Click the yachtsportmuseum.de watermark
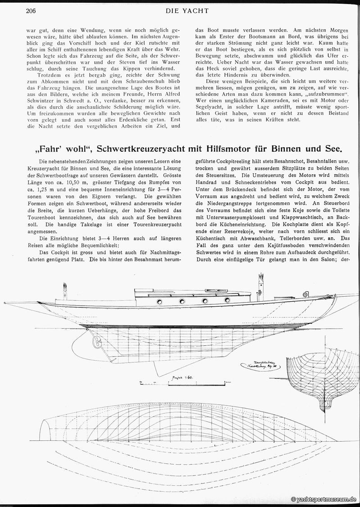(x=325, y=499)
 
